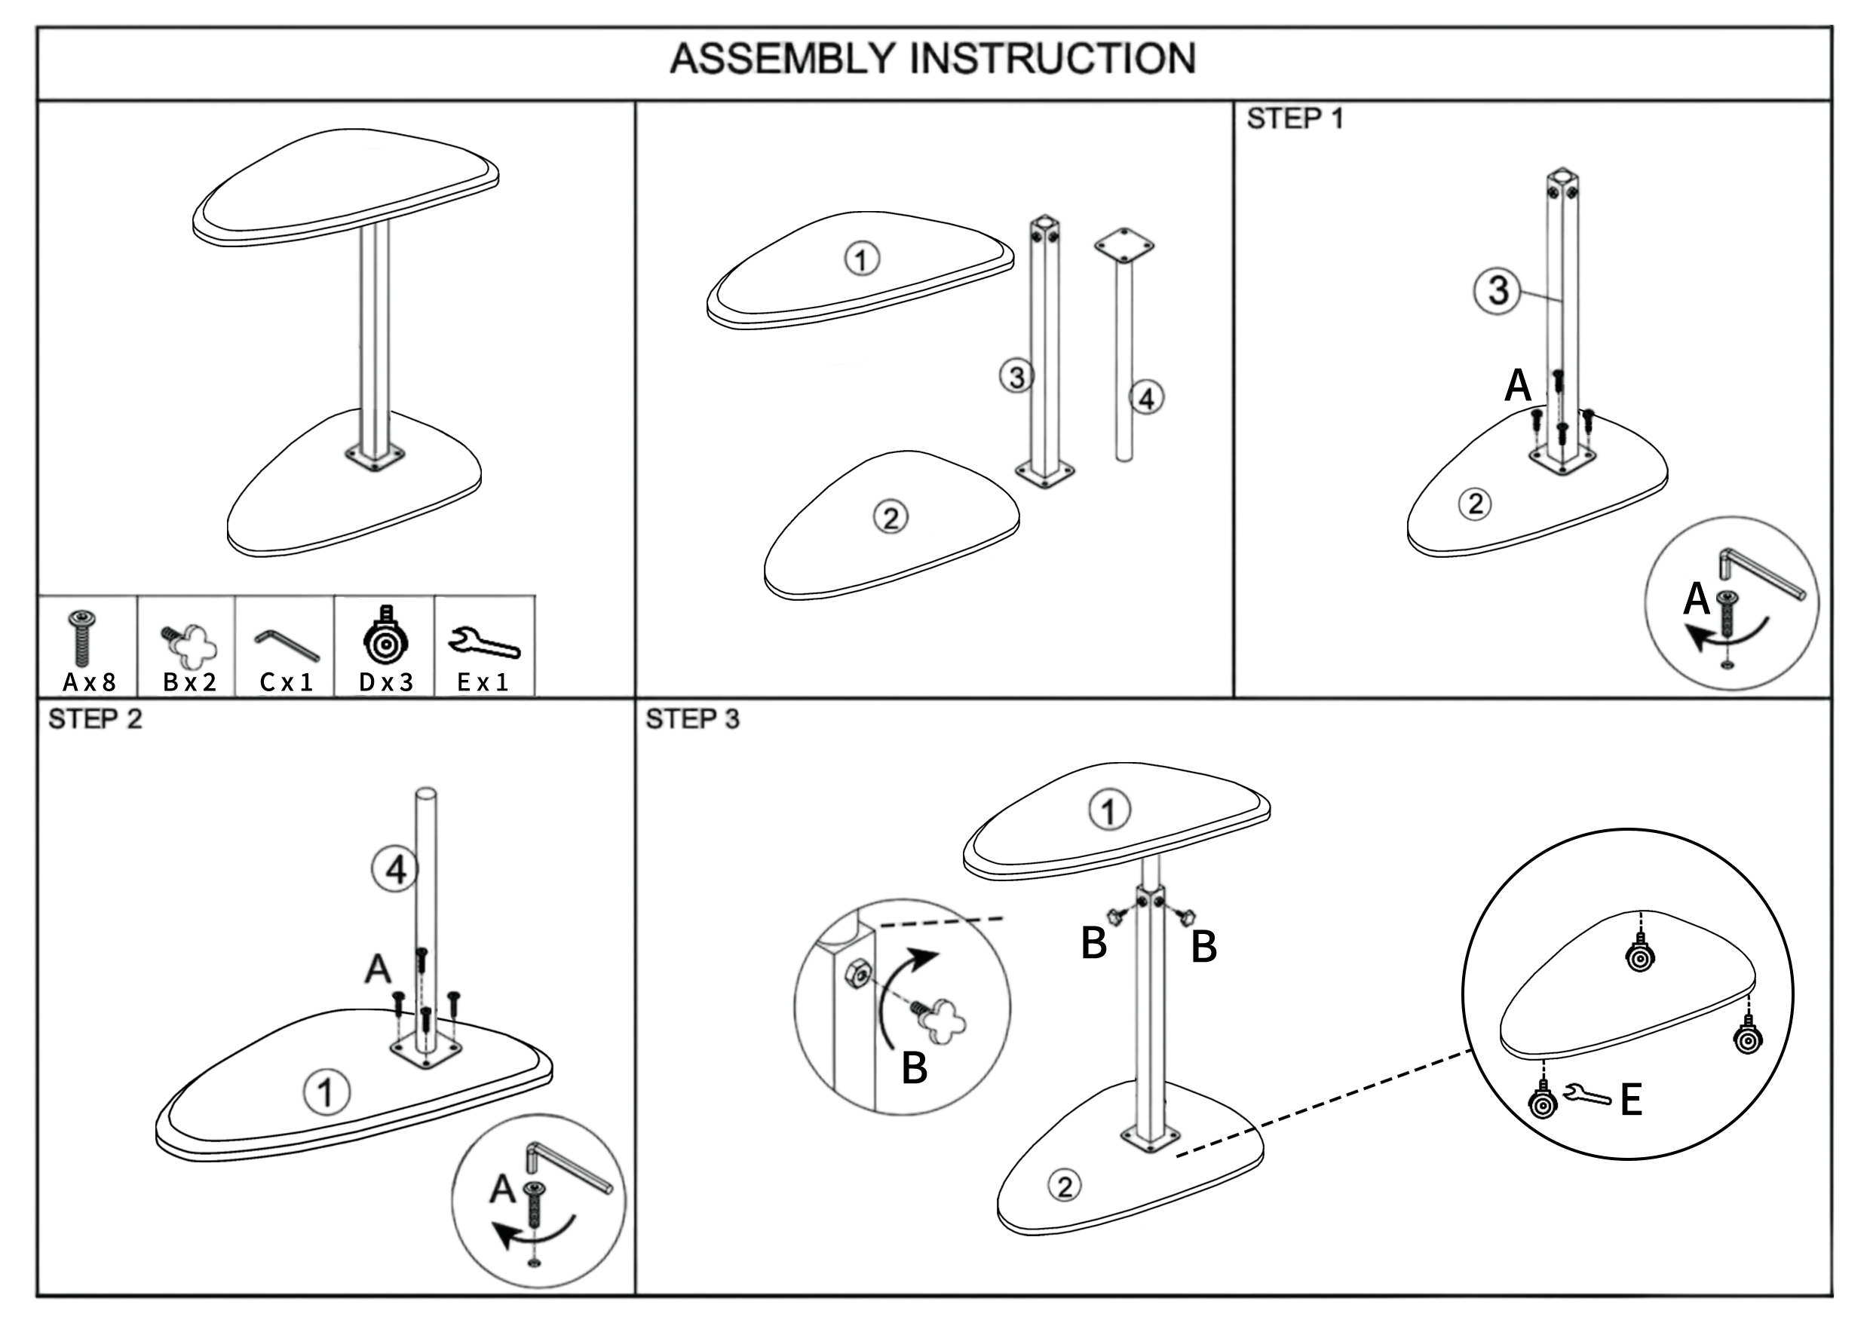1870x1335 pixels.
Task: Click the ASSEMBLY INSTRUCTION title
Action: [933, 60]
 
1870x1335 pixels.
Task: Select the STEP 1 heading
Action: [1295, 119]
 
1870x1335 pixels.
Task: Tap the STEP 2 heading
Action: [94, 719]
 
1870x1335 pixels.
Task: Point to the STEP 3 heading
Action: [691, 719]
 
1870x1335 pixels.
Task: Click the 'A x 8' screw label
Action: [89, 682]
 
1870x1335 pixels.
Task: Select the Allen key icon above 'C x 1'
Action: [287, 645]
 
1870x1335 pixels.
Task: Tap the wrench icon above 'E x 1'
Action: [484, 643]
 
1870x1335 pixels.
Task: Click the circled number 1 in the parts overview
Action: [862, 260]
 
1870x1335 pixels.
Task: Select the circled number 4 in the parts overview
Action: [1146, 399]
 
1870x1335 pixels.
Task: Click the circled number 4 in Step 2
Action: [396, 870]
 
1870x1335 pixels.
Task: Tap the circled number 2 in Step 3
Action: [1065, 1186]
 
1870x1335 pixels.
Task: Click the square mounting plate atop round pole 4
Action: [1124, 245]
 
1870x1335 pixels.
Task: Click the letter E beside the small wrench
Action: [1632, 1100]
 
